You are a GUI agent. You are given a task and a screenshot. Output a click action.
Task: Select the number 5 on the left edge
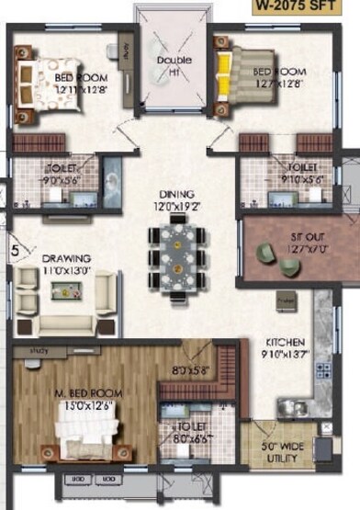coord(16,246)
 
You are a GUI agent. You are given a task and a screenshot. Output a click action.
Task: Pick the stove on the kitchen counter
coord(322,369)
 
